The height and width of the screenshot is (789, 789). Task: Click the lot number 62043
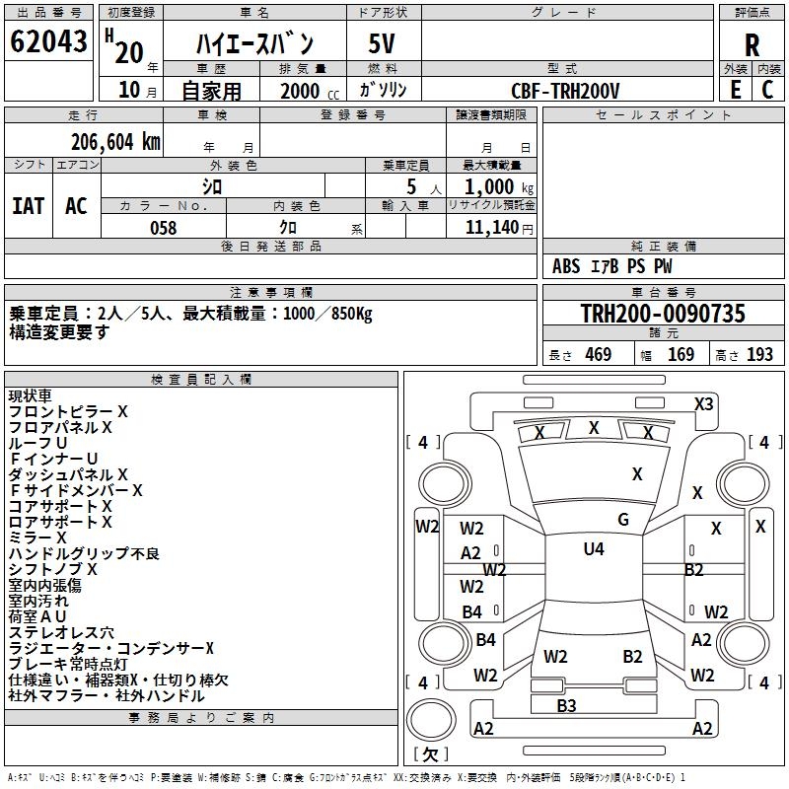49,43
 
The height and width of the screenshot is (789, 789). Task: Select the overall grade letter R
752,44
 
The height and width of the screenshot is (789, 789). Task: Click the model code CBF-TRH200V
565,91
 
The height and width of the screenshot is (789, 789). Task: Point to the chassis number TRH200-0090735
662,314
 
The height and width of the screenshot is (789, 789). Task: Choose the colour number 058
163,228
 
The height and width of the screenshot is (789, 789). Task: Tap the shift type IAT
28,206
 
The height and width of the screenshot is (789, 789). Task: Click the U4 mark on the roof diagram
594,549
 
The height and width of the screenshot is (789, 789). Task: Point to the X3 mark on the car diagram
704,403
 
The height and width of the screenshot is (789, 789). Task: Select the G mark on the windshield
623,520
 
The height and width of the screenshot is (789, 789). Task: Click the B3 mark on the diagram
566,705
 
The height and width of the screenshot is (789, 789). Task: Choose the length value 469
598,355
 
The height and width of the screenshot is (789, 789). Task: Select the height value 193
759,355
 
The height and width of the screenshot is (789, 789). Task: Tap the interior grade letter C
767,90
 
